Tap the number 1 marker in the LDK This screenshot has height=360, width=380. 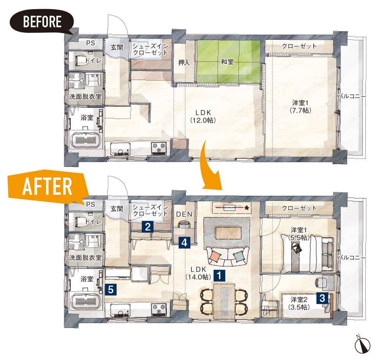click(219, 276)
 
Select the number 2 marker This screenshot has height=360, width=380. click(147, 227)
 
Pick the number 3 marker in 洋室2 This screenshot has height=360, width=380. click(322, 298)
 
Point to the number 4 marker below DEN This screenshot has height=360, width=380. click(184, 243)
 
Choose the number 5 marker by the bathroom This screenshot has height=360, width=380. click(111, 289)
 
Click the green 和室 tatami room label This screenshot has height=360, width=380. click(227, 62)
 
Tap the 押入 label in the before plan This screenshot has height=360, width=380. click(184, 63)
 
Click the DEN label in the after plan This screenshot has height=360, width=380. click(184, 214)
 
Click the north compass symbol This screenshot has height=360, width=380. click(363, 344)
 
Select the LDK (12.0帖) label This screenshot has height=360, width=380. click(203, 117)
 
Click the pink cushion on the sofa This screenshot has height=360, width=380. click(215, 256)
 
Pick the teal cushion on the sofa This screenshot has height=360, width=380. click(239, 256)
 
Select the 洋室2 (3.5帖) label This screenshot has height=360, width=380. click(299, 303)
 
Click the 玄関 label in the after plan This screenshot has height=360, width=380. click(117, 209)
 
